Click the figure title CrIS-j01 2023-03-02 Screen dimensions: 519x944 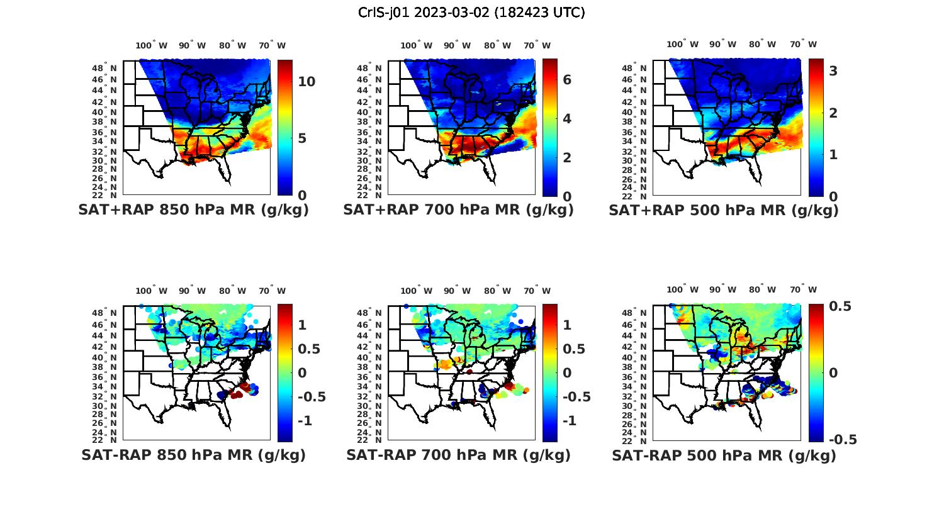pyautogui.click(x=471, y=13)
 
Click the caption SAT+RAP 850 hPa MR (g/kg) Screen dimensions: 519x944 pyautogui.click(x=193, y=210)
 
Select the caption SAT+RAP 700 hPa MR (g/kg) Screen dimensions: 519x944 pyautogui.click(x=458, y=210)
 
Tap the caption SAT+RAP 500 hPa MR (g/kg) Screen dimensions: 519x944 pyautogui.click(x=724, y=210)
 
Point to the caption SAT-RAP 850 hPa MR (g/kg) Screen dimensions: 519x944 pyautogui.click(x=193, y=455)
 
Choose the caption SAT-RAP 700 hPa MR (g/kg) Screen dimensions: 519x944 pyautogui.click(x=458, y=455)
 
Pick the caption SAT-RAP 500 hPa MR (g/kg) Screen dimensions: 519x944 pyautogui.click(x=724, y=455)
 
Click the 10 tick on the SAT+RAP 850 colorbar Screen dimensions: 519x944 pyautogui.click(x=307, y=82)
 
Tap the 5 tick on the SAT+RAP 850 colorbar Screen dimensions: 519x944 pyautogui.click(x=302, y=138)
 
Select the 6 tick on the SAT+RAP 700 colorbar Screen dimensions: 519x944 pyautogui.click(x=567, y=80)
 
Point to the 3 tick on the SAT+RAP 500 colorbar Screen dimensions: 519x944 pyautogui.click(x=833, y=71)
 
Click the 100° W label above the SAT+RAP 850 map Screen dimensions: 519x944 pyautogui.click(x=152, y=45)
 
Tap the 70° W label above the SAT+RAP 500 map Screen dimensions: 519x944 pyautogui.click(x=804, y=44)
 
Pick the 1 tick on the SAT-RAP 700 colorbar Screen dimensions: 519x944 pyautogui.click(x=567, y=325)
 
